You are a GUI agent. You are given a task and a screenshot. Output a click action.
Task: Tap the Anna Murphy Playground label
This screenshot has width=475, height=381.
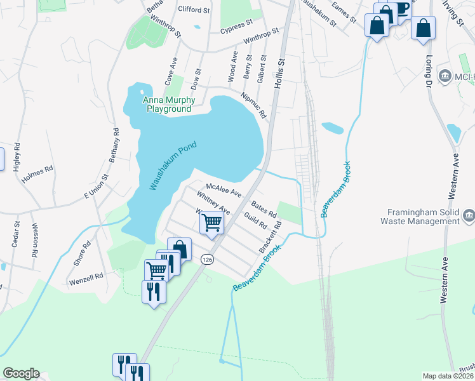click(167, 105)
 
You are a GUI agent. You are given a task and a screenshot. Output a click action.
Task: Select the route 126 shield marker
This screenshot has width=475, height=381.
click(206, 259)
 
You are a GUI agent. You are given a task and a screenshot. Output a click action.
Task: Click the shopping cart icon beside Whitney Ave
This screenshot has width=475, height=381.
click(211, 222)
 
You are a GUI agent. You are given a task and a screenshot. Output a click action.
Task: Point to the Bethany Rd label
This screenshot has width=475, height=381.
click(115, 145)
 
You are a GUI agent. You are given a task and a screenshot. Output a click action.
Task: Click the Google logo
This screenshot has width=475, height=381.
click(21, 373)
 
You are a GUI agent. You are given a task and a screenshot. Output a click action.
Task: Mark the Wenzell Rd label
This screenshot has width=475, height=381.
click(86, 277)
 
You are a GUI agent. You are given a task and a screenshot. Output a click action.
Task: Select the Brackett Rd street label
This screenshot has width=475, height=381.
click(270, 238)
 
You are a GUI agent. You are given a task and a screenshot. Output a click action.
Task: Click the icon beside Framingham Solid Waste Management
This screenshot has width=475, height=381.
click(469, 216)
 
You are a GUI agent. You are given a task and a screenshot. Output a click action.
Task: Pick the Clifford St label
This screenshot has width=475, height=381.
click(194, 10)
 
